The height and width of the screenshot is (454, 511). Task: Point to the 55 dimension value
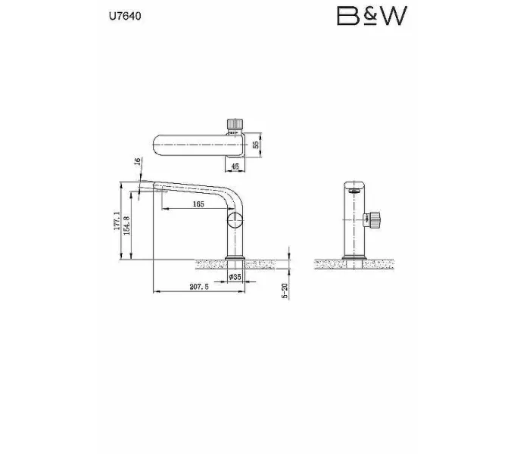tap(256, 145)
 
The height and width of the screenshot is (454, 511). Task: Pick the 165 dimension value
tap(198, 204)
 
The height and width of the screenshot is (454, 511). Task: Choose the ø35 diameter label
tap(235, 278)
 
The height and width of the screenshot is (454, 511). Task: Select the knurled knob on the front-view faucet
tap(375, 221)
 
